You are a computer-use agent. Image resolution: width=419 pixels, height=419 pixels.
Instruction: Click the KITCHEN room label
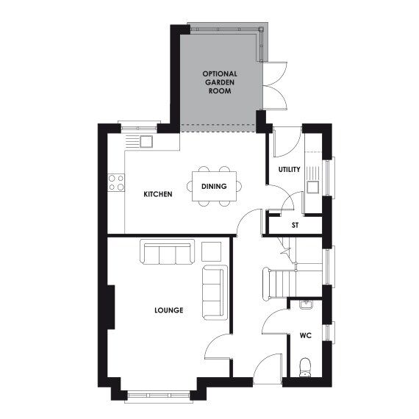(157, 194)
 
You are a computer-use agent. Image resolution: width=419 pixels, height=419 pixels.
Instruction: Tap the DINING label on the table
(213, 187)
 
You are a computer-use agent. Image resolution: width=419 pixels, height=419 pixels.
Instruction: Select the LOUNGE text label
(168, 310)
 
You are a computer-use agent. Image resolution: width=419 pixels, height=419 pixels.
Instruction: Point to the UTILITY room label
(289, 170)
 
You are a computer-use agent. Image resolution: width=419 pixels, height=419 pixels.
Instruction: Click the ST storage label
(295, 225)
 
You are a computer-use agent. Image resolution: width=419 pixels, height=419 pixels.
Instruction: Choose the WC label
(305, 336)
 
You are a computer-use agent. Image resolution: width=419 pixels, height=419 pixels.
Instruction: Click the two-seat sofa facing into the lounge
(213, 292)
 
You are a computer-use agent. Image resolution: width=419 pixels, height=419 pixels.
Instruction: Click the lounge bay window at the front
(157, 397)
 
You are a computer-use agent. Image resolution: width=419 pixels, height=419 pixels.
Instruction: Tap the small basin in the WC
(306, 305)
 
